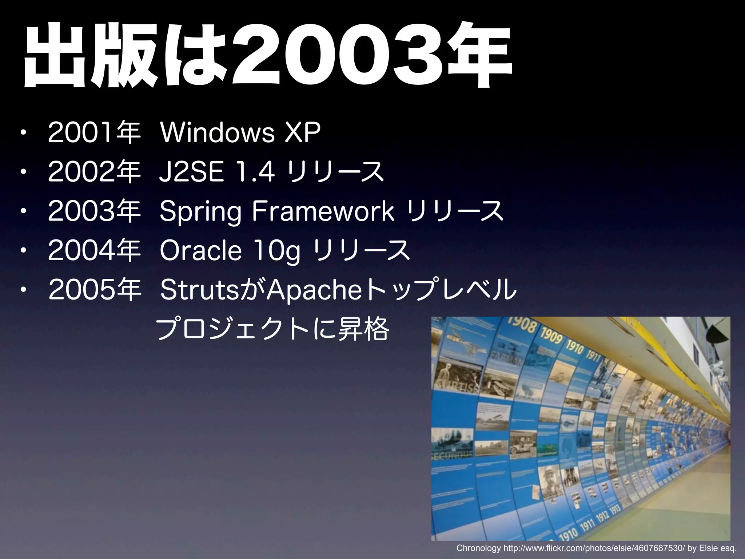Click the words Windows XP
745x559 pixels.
click(x=240, y=133)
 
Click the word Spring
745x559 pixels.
click(x=200, y=212)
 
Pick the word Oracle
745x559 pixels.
click(x=200, y=250)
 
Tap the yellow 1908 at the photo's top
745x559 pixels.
click(x=521, y=325)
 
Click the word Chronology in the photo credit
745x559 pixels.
click(x=478, y=548)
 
